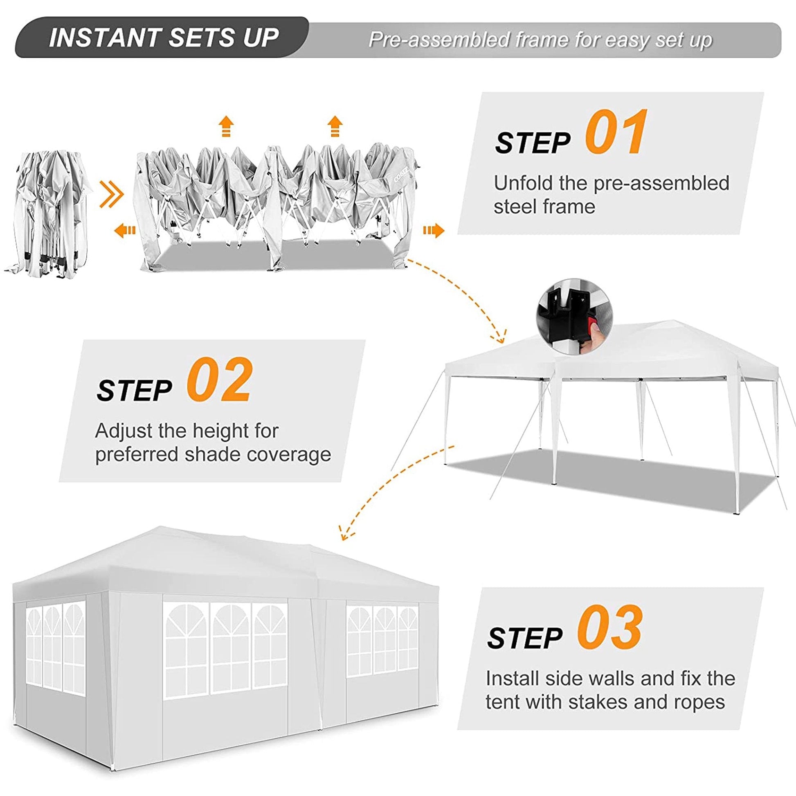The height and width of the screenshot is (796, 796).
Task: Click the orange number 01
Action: click(616, 133)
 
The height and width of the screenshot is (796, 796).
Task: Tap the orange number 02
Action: click(218, 380)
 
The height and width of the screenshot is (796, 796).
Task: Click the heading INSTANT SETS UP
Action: click(164, 38)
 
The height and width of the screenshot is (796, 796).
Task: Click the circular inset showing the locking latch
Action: click(574, 317)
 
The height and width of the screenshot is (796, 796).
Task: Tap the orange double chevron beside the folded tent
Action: click(111, 193)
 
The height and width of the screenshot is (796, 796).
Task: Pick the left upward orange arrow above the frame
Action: click(226, 126)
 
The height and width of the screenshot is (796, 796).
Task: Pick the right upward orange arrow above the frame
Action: click(335, 126)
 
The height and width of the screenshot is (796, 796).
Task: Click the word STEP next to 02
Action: click(134, 390)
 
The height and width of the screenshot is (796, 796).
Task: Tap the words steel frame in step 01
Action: click(544, 207)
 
